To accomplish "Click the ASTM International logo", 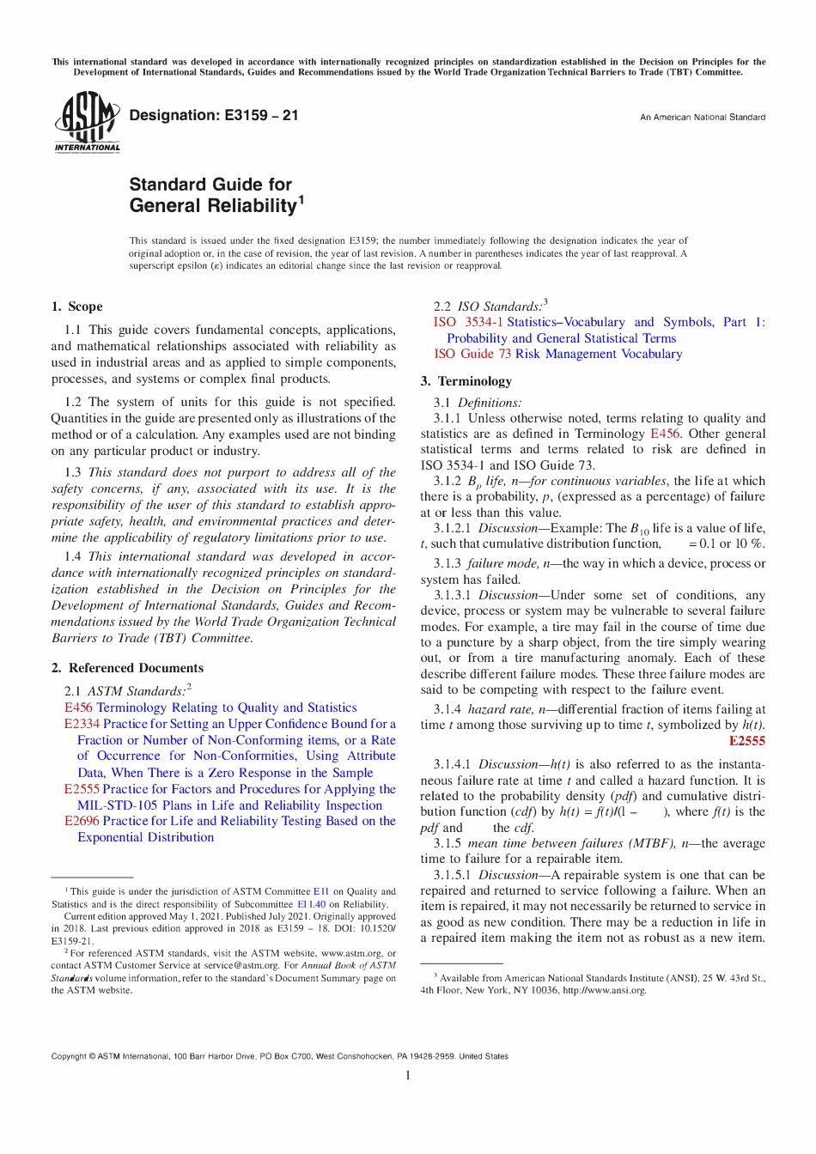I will click(x=87, y=123).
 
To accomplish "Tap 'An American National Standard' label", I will click(x=702, y=118).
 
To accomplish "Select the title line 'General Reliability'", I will click(x=212, y=206).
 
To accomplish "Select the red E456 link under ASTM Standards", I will click(x=78, y=708).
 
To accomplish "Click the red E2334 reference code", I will click(x=82, y=724).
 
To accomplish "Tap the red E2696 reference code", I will click(x=82, y=821).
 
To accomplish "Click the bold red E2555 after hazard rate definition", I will click(x=746, y=741).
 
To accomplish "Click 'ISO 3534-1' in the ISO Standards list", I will click(x=468, y=322).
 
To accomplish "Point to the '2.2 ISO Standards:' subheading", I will click(x=488, y=307).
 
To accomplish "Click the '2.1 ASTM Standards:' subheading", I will click(x=125, y=691).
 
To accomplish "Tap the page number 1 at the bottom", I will click(x=408, y=1075).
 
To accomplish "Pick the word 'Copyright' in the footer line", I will click(x=69, y=1056).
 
